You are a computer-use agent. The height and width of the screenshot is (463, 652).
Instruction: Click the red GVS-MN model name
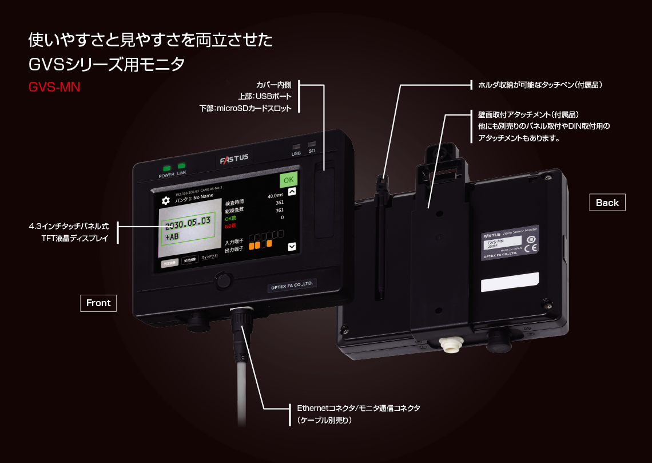coord(54,88)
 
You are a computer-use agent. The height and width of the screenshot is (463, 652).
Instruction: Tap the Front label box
coord(98,303)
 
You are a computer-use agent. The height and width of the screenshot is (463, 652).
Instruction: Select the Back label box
coord(607,203)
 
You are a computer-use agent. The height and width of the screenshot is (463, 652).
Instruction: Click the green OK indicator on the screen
coord(289,179)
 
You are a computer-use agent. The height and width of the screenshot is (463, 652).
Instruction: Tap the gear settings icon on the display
coord(166,200)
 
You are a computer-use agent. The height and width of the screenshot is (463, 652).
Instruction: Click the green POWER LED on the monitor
coord(167,168)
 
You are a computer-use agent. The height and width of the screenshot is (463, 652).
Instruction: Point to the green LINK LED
coord(181,167)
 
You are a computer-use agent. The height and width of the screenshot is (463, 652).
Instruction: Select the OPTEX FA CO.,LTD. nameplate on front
coord(292,284)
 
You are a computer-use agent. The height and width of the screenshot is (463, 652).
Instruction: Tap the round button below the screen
coord(223,280)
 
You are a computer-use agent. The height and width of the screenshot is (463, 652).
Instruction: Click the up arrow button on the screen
coord(292,193)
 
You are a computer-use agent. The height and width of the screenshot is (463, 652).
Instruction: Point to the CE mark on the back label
coord(530,248)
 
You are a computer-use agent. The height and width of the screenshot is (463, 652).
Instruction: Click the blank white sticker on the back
coord(509,282)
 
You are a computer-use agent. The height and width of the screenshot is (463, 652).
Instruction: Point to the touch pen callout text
coord(540,85)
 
